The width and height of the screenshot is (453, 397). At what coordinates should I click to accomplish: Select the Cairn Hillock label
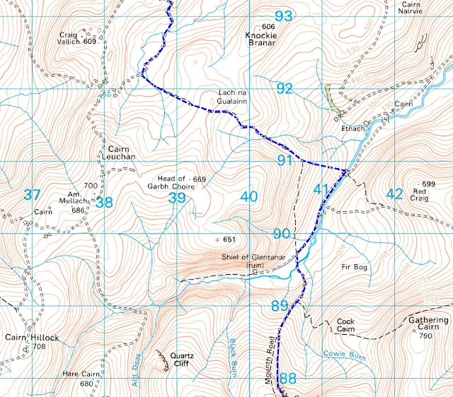(30, 342)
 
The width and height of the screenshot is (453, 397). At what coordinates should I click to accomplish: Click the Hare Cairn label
(79, 379)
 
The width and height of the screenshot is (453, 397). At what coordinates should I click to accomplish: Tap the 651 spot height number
(228, 239)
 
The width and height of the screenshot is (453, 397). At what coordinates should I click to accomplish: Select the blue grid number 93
(284, 16)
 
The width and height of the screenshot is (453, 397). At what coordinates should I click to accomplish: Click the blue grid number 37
(32, 195)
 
